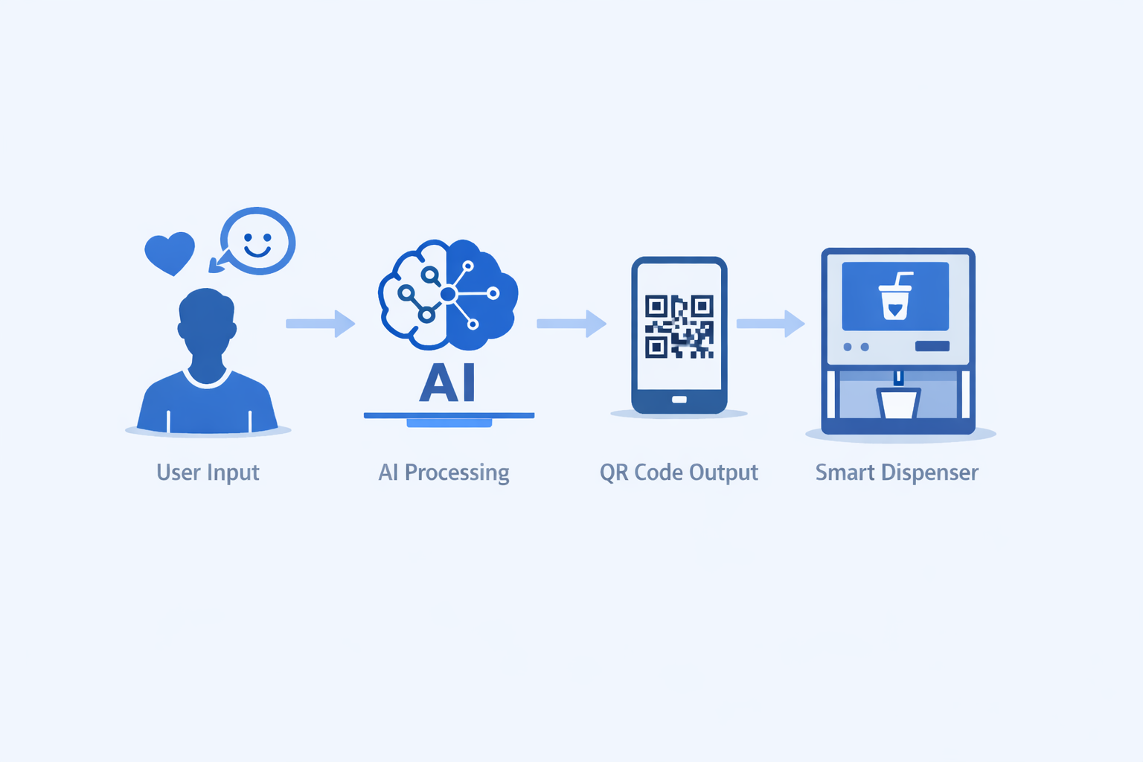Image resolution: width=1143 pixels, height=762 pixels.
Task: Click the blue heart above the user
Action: [x=170, y=252]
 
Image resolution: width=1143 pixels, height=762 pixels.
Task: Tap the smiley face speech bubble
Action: [x=258, y=241]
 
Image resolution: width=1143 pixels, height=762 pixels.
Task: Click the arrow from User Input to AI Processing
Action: [x=321, y=324]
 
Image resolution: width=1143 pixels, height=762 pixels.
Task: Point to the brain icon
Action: [x=448, y=295]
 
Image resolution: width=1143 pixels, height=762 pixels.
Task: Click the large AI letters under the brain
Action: [x=448, y=383]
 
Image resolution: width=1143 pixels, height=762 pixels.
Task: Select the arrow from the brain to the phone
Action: [x=571, y=324]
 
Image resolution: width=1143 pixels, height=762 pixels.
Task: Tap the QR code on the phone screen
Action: [x=679, y=327]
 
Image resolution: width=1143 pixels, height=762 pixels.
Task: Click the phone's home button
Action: [x=679, y=400]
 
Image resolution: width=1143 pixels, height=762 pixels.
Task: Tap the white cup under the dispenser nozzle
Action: [x=898, y=403]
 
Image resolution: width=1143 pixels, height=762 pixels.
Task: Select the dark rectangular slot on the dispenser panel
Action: [x=932, y=346]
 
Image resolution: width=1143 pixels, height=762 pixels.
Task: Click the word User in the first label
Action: [x=179, y=473]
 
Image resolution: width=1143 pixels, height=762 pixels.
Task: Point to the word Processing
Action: [x=457, y=473]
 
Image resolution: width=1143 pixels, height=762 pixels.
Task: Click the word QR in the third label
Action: [x=614, y=473]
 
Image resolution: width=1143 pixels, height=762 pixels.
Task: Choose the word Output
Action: [x=723, y=473]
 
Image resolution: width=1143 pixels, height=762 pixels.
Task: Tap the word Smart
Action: [x=845, y=473]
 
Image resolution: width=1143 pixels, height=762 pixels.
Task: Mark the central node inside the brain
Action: [x=448, y=295]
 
